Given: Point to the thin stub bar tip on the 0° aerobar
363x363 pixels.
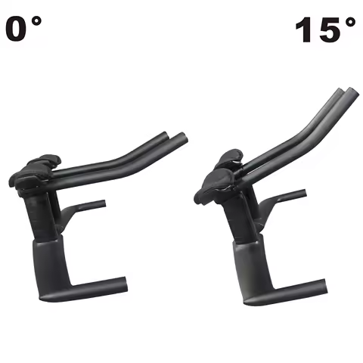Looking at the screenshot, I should coord(102,203).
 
